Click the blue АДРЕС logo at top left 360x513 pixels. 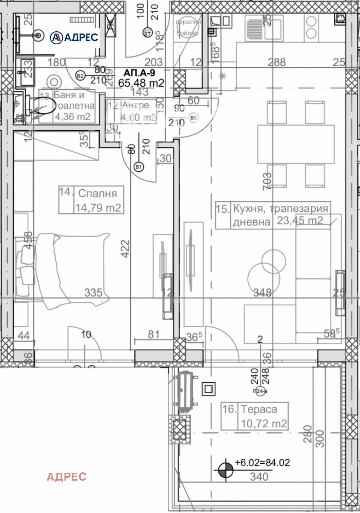74,37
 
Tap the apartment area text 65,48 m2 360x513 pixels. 141,83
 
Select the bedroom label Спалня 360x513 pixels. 98,194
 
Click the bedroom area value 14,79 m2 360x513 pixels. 98,208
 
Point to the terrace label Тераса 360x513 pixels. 259,409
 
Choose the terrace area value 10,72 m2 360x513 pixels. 264,423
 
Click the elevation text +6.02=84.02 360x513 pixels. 262,463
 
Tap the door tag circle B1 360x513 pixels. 139,167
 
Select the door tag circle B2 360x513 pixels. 80,76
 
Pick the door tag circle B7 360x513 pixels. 147,33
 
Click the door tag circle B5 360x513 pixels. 194,118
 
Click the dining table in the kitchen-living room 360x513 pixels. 296,144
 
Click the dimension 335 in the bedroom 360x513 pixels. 93,293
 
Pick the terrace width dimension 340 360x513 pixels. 259,477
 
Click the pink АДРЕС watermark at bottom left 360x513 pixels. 67,477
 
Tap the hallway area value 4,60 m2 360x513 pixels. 138,118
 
